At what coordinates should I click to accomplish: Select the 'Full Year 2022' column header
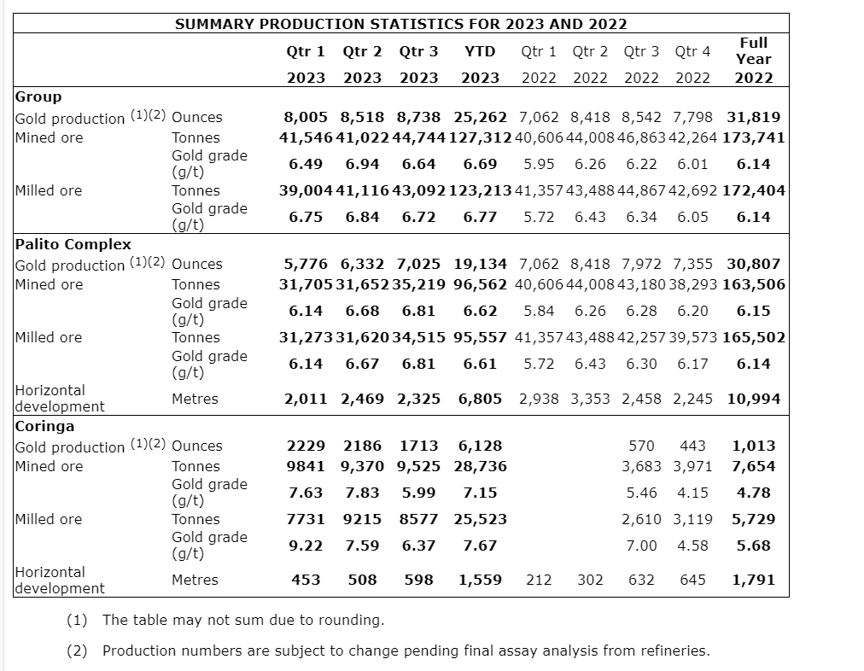point(754,59)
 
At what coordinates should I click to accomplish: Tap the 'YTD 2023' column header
point(480,64)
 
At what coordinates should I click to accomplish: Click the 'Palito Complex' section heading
point(73,244)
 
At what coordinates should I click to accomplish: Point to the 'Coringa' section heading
point(44,426)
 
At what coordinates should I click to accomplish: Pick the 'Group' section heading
point(38,96)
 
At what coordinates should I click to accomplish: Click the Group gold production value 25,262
point(480,117)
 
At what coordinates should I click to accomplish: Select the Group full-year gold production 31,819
point(754,117)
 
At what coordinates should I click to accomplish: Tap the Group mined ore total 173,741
point(754,137)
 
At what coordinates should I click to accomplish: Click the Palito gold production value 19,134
point(480,264)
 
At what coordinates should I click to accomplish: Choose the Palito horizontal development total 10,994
point(754,399)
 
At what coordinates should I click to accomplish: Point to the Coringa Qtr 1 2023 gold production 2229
point(305,446)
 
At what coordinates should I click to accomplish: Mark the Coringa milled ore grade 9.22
point(305,546)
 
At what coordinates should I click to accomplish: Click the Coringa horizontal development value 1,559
point(480,580)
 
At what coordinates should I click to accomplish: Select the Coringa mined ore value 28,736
point(480,466)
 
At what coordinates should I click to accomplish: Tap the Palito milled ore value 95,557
point(480,337)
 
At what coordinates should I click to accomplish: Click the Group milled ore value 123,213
point(480,190)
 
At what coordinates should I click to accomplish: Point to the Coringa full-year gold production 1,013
point(754,446)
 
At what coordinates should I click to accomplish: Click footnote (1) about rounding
point(242,620)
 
